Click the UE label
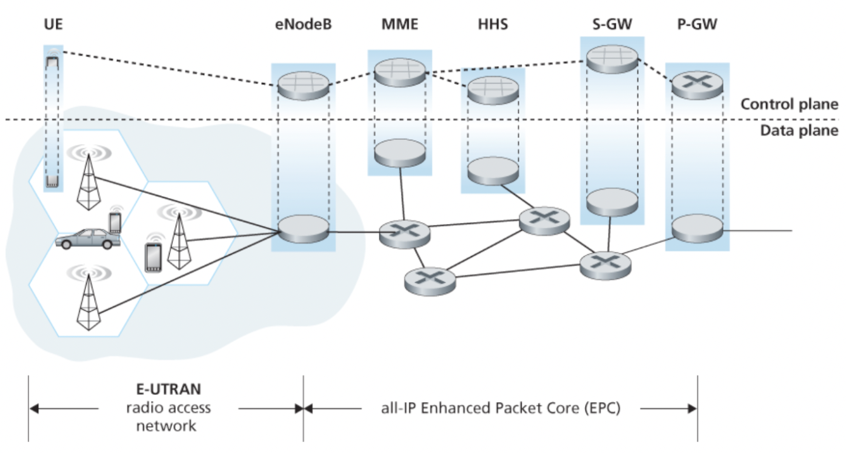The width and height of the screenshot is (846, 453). (53, 25)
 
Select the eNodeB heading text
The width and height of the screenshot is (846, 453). (302, 25)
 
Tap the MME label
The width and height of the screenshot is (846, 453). (399, 25)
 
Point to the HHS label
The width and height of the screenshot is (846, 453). (491, 25)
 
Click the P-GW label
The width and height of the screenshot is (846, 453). (697, 25)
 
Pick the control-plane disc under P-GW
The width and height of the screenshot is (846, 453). (697, 85)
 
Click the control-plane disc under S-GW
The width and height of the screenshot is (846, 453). (612, 58)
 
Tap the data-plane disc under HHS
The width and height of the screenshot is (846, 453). (492, 170)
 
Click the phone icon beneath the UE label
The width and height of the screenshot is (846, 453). (53, 61)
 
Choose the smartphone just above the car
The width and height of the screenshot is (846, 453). (115, 223)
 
